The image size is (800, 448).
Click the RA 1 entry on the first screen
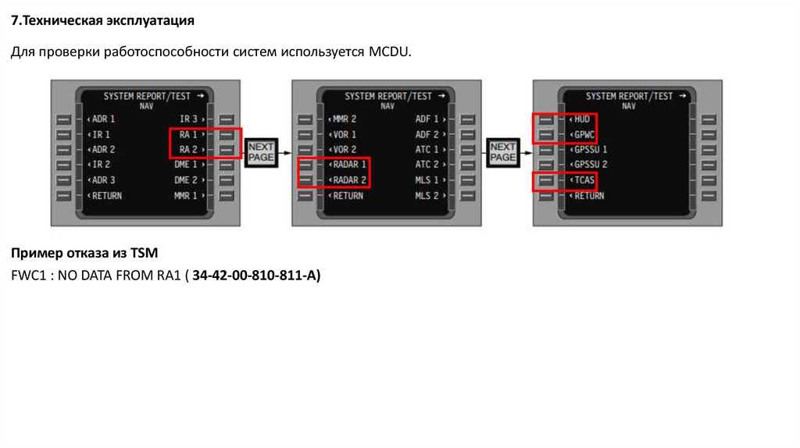click(x=188, y=134)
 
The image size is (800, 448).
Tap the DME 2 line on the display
click(x=188, y=180)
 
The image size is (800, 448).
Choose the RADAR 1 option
click(x=348, y=165)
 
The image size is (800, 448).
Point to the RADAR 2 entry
click(x=348, y=180)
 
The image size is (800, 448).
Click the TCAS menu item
click(x=584, y=180)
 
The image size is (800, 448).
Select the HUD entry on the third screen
click(x=582, y=119)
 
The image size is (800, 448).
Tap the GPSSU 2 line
click(x=591, y=165)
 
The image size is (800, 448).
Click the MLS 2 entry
click(x=429, y=196)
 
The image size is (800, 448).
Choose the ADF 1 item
click(x=429, y=119)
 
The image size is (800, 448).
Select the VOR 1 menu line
click(x=345, y=134)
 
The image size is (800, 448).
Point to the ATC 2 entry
click(x=429, y=165)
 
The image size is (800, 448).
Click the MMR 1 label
click(x=188, y=196)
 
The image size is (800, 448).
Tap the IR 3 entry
click(x=190, y=119)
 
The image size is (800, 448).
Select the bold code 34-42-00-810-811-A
click(x=255, y=276)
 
